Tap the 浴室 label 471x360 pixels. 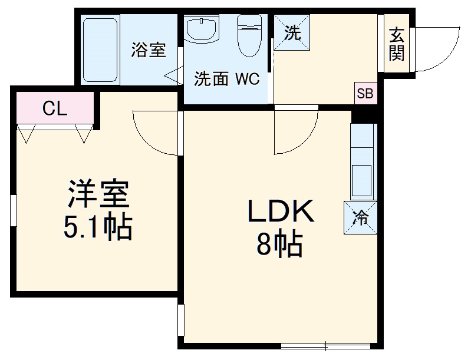point(148,49)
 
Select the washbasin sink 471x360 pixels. point(202,29)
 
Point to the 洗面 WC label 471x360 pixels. point(227,80)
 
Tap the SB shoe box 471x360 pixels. point(365,93)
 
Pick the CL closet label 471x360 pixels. point(55,108)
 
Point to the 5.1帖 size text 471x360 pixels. point(98,227)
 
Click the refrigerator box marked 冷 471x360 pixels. point(361,217)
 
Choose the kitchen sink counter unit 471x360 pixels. point(362,162)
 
